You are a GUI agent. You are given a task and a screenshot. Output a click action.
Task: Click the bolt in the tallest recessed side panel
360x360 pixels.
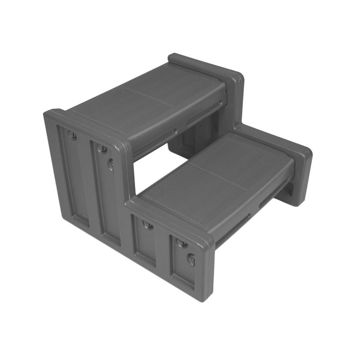[x=72, y=134]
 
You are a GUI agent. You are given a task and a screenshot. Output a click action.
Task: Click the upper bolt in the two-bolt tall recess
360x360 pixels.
[x=102, y=148]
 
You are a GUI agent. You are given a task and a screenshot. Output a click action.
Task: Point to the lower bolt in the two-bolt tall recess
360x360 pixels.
[x=111, y=165]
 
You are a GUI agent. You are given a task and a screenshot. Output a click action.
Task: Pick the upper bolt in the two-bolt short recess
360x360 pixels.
[x=181, y=243]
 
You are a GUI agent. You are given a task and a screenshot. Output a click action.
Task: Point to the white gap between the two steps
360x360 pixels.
[x=155, y=171]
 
